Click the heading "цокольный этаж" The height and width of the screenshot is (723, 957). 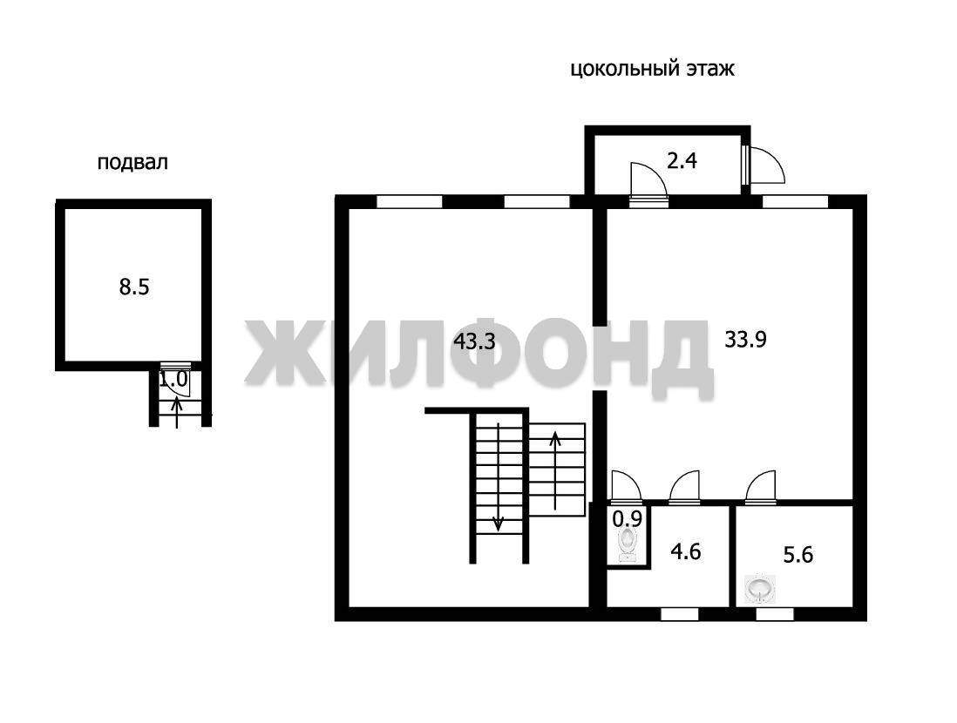tap(653, 69)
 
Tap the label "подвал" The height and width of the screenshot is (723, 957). tap(132, 163)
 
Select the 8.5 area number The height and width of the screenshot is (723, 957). tap(134, 287)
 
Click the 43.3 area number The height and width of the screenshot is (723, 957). tap(474, 341)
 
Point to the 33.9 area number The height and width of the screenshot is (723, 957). tap(746, 339)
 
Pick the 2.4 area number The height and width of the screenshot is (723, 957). tap(682, 161)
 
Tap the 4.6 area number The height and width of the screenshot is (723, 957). tap(686, 552)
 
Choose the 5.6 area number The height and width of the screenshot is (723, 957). tap(798, 555)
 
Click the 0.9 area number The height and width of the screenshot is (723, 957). tap(628, 519)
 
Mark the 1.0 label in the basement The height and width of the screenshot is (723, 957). tap(173, 380)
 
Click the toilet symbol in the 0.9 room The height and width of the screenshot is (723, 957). tap(628, 544)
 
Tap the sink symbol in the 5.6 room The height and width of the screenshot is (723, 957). tap(760, 590)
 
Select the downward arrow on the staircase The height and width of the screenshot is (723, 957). tap(498, 476)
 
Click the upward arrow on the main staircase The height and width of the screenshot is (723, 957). tap(555, 470)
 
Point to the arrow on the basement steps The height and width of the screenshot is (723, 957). tap(177, 412)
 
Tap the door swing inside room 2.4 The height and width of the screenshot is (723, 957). tap(648, 181)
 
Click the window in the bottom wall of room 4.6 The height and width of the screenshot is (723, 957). tap(680, 614)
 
